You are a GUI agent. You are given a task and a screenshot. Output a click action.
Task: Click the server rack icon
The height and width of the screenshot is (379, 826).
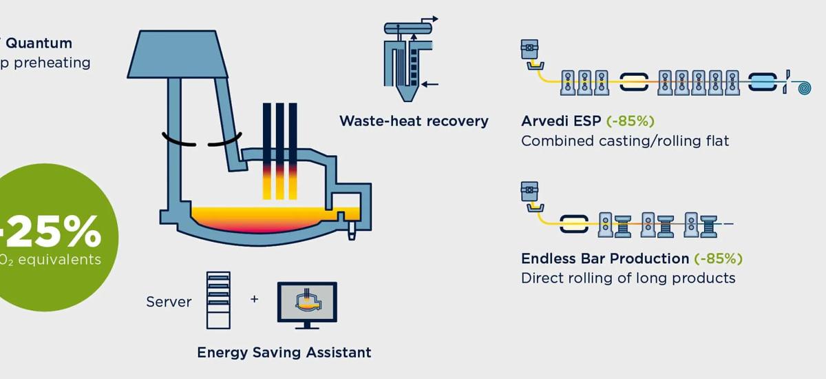(x=218, y=300)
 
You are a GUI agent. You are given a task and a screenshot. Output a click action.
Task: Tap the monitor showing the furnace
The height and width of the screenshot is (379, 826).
(x=306, y=302)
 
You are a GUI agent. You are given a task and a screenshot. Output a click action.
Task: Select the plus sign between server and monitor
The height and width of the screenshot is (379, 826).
(x=255, y=300)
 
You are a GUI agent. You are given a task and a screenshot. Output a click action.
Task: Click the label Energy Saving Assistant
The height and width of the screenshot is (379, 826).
(x=284, y=352)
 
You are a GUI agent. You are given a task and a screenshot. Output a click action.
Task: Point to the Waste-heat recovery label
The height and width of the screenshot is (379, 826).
(x=414, y=121)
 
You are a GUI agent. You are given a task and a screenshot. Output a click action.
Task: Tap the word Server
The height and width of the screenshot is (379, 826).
(x=169, y=302)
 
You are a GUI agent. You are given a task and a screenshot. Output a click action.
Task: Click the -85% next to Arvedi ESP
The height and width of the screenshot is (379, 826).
(x=629, y=121)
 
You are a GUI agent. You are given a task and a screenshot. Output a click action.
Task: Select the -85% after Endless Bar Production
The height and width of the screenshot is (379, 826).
(x=718, y=259)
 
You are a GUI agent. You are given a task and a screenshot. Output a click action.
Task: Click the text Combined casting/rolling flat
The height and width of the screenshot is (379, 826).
(x=624, y=141)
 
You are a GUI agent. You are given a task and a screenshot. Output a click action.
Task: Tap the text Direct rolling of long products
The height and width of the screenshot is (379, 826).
(x=628, y=278)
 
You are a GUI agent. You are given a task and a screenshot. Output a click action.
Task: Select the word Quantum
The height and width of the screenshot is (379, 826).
(x=39, y=43)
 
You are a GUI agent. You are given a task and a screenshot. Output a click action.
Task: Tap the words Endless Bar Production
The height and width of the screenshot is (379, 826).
(x=605, y=259)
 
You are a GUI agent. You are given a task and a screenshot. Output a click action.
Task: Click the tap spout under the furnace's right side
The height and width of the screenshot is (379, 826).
(x=352, y=230)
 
